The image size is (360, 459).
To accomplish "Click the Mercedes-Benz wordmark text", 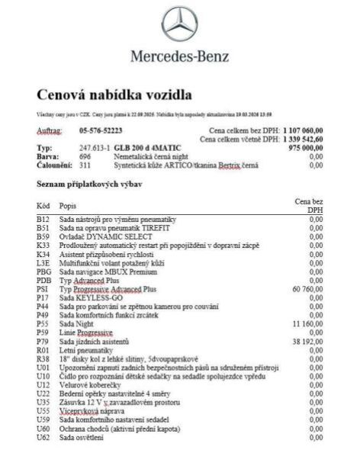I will pos(181,57).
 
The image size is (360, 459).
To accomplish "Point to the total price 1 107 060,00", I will pos(297,131).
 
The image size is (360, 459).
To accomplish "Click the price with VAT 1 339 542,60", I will pos(297,140).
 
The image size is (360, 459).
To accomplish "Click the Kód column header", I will pos(43,206).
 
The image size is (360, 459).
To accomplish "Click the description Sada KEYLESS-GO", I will pos(92,298).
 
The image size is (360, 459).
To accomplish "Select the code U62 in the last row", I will pos(43,438).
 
